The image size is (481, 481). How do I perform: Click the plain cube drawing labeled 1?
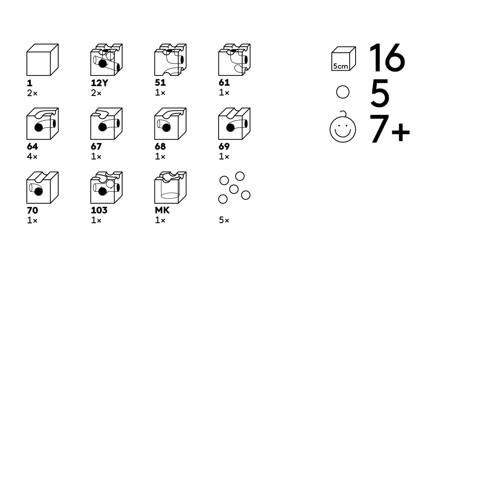click(42, 60)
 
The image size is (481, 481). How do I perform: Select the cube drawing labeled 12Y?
click(106, 60)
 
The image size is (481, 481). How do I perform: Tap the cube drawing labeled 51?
click(170, 60)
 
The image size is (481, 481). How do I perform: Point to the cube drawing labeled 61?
click(234, 60)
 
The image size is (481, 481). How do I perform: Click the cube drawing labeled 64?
click(42, 124)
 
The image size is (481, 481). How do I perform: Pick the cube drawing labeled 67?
click(106, 124)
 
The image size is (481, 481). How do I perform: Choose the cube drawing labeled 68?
click(170, 124)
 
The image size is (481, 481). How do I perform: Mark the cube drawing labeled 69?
click(234, 124)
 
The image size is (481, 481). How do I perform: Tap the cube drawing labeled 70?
click(42, 188)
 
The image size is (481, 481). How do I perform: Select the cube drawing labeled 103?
click(106, 188)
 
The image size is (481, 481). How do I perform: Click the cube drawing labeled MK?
click(170, 188)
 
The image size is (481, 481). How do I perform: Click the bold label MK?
click(162, 210)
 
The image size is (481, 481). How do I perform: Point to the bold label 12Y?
click(99, 83)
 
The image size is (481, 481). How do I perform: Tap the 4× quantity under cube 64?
click(32, 156)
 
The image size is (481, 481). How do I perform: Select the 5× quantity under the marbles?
click(224, 220)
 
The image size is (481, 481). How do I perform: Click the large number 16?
click(387, 57)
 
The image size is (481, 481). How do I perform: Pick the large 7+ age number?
click(389, 129)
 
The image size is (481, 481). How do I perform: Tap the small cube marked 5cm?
click(343, 59)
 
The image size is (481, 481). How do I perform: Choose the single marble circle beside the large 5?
click(343, 92)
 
